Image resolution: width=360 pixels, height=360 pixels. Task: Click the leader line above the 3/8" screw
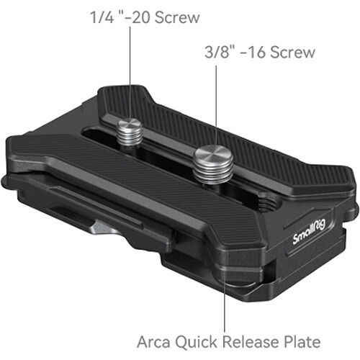216,101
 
